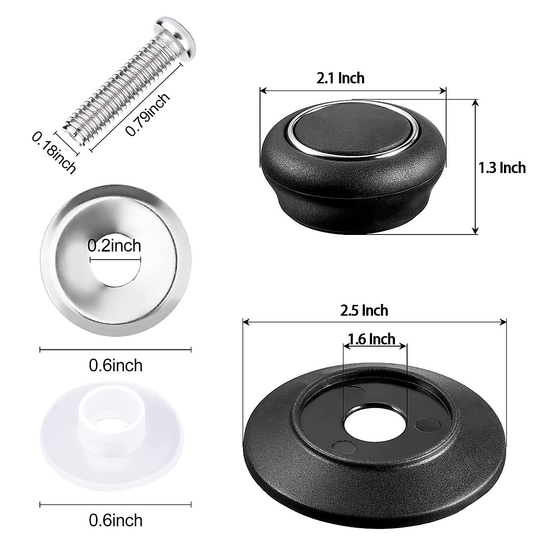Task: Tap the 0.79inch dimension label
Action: click(148, 114)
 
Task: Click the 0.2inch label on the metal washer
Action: click(114, 246)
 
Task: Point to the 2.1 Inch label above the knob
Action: click(340, 78)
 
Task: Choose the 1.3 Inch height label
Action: click(502, 168)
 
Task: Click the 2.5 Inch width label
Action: click(364, 310)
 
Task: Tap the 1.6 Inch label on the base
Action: click(372, 339)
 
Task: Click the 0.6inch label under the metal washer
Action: click(116, 365)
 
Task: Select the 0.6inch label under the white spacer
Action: click(116, 520)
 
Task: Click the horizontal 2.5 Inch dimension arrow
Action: click(374, 321)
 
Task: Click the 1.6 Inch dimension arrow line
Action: click(375, 345)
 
